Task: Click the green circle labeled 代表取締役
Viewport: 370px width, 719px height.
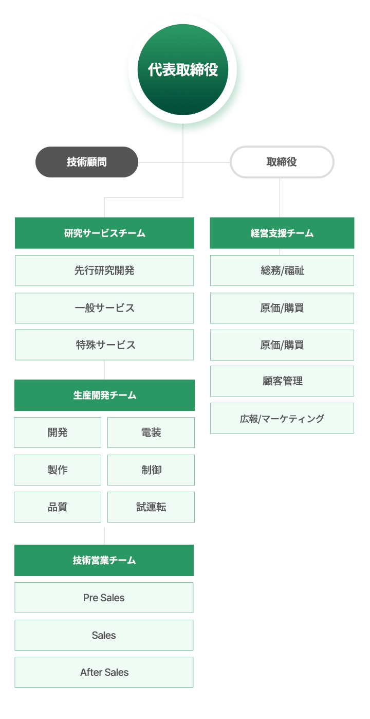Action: [183, 69]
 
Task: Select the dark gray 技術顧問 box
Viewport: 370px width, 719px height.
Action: [86, 162]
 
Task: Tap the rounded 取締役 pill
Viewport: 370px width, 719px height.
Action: [282, 162]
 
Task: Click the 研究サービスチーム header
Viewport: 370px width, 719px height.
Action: [104, 233]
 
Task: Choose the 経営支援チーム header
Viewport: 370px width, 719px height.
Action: [282, 233]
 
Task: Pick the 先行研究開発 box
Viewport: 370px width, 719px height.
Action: [104, 271]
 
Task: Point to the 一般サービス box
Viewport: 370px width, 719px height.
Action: [104, 308]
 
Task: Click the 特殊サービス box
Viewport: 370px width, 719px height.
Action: [104, 345]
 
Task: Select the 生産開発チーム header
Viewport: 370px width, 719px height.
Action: [104, 396]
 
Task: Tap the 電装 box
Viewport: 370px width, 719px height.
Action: [151, 433]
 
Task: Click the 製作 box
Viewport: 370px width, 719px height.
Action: [58, 470]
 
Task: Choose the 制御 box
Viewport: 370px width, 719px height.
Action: [151, 470]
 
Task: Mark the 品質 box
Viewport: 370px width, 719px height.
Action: [58, 507]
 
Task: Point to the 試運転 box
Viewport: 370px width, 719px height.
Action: [151, 507]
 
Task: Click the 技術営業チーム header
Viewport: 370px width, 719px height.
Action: [104, 560]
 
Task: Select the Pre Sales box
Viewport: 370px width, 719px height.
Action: [104, 598]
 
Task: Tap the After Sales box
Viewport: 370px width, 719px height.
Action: [104, 672]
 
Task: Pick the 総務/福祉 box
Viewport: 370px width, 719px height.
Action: [282, 271]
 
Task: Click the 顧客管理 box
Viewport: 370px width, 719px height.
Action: [282, 381]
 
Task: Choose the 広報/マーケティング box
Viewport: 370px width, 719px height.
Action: [282, 418]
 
